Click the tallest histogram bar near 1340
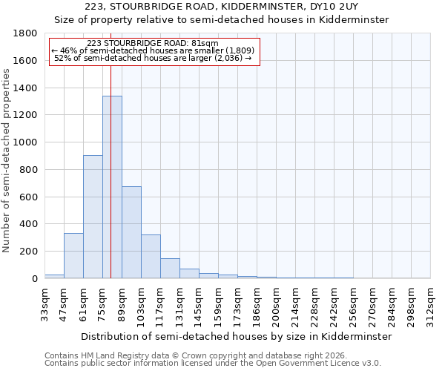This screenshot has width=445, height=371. point(112,187)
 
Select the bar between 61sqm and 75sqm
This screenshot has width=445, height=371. point(93,217)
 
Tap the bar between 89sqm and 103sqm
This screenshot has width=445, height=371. point(131,232)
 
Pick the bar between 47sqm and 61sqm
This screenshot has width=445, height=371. point(73,256)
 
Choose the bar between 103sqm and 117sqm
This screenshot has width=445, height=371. point(151,257)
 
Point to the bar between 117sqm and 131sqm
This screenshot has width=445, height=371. point(170,269)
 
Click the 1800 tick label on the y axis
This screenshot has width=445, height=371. point(25,33)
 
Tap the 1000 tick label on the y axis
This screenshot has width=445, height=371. point(25,142)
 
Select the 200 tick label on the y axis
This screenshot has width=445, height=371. point(28,252)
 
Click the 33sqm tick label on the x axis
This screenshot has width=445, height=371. point(44,303)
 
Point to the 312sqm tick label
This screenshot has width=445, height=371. point(430,303)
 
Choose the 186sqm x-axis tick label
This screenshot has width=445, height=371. point(257,303)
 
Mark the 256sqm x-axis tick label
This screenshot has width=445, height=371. point(353,303)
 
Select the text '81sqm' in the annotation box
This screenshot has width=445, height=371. point(204,43)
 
